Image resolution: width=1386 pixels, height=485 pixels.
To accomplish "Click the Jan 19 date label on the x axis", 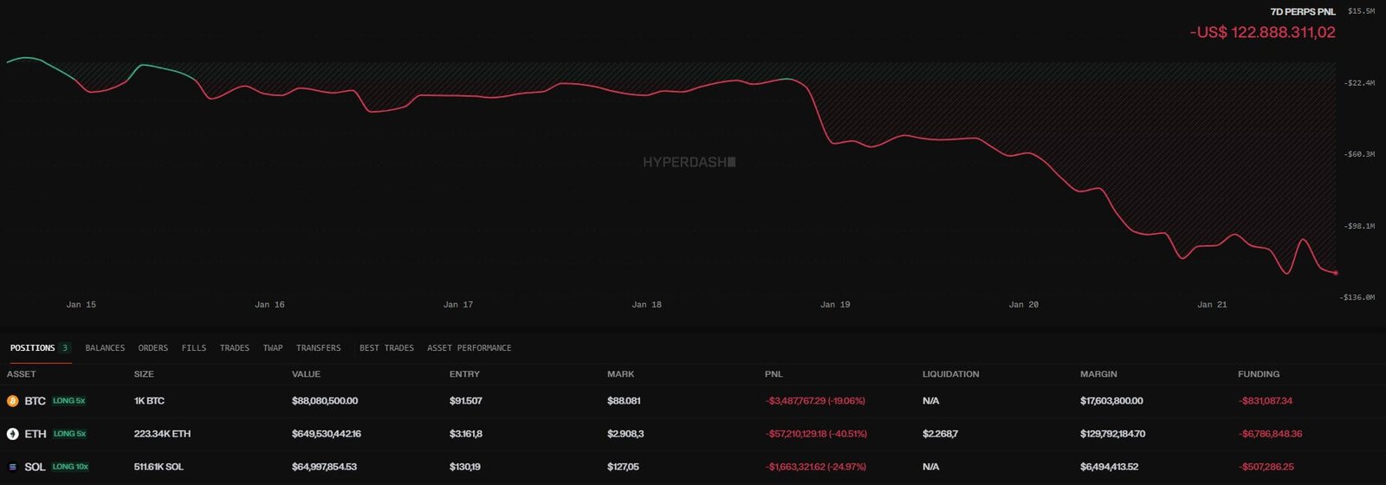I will pos(835,305).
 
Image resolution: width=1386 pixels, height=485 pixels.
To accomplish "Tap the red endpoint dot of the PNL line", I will pos(1336,273).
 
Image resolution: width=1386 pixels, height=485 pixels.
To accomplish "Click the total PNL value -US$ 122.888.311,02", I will pos(1262,33).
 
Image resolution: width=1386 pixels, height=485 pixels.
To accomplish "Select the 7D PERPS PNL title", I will pos(1303,12).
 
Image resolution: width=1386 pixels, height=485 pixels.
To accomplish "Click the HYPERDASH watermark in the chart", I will pos(689,162).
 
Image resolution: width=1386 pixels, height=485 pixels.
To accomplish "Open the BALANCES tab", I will pos(105,348).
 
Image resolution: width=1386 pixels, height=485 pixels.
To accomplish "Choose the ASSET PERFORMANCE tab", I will pos(469,348).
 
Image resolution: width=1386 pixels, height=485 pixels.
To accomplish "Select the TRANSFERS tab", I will pos(318,348).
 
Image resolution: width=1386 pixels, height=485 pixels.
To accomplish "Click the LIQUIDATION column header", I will pos(950,374).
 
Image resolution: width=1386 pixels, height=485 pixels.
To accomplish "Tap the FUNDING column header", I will pos(1258,374).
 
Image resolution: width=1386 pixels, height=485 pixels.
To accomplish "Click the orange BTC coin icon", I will pos(13,401).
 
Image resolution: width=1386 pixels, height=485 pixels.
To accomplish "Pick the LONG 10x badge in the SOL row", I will pos(70,467).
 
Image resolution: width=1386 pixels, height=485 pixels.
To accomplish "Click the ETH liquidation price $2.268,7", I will pos(940,434).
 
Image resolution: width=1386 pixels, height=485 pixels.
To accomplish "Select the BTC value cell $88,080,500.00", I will pos(325,401).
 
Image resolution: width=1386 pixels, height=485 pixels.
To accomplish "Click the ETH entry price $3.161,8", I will pos(466,434).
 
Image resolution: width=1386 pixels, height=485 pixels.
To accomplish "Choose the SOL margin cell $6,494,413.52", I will pos(1109,467).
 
